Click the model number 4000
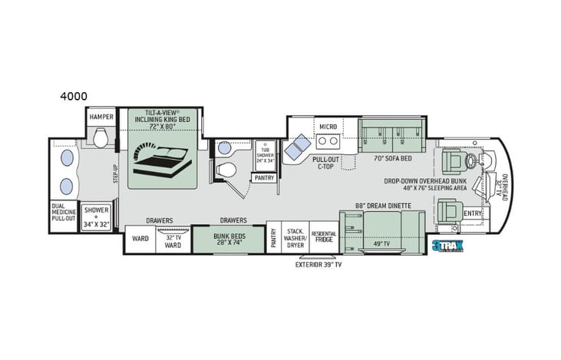coord(73,96)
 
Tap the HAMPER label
coord(101,117)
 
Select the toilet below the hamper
coord(97,137)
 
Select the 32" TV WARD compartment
coord(173,240)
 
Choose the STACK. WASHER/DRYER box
coord(296,237)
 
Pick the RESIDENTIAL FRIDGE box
coord(324,237)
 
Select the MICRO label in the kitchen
coord(328,126)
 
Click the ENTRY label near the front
coord(473,213)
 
